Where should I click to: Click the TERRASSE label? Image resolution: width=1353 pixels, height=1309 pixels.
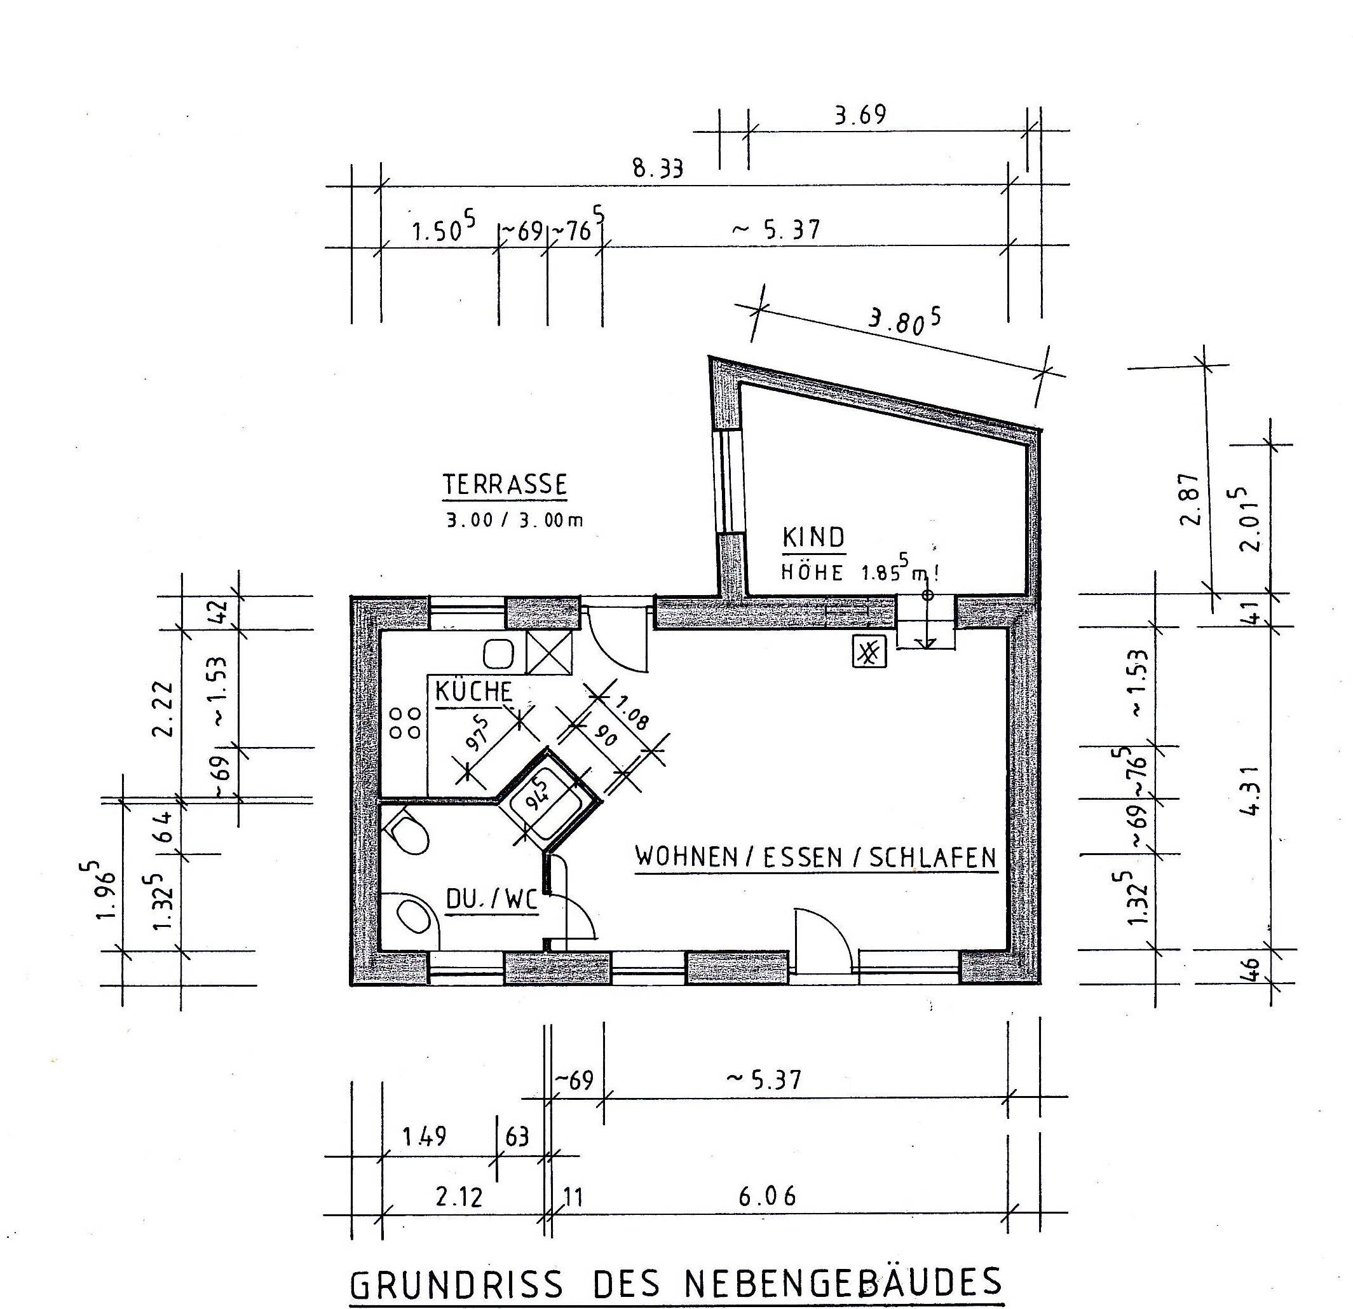[x=505, y=485]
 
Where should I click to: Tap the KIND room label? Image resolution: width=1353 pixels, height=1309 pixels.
[x=813, y=538]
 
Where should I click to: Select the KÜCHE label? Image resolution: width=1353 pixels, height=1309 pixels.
[x=473, y=692]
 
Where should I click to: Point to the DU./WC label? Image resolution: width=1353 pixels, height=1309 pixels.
[x=491, y=900]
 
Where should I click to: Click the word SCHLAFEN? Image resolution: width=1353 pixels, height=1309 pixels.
[x=932, y=858]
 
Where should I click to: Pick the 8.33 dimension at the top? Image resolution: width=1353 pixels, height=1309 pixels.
[x=658, y=168]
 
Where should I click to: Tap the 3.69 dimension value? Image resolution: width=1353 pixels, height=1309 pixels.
[x=860, y=114]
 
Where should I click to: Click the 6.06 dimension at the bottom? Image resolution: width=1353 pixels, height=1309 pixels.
[x=767, y=1196]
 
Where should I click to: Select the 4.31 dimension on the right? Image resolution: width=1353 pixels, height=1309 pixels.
[x=1251, y=790]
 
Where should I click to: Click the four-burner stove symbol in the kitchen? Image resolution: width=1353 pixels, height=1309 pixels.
[x=405, y=722]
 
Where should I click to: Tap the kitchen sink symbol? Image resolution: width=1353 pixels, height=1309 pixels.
[x=498, y=653]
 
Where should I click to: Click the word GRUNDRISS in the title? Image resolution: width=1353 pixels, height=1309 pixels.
[x=456, y=1285]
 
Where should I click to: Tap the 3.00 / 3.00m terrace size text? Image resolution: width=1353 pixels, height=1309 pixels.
[x=514, y=520]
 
